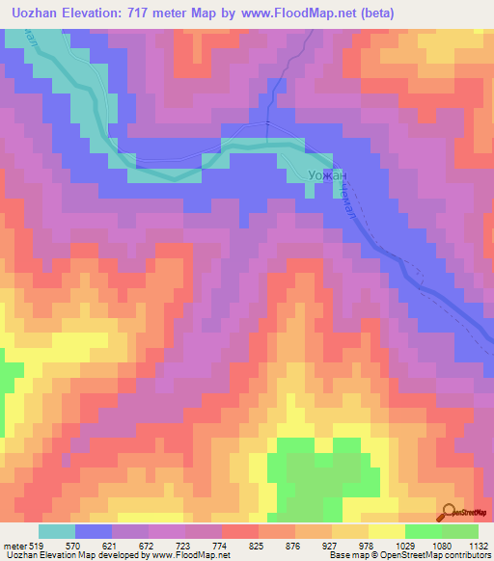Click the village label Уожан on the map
325,175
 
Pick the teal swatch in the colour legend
57,531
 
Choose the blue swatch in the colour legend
94,531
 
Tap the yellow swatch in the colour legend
387,531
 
